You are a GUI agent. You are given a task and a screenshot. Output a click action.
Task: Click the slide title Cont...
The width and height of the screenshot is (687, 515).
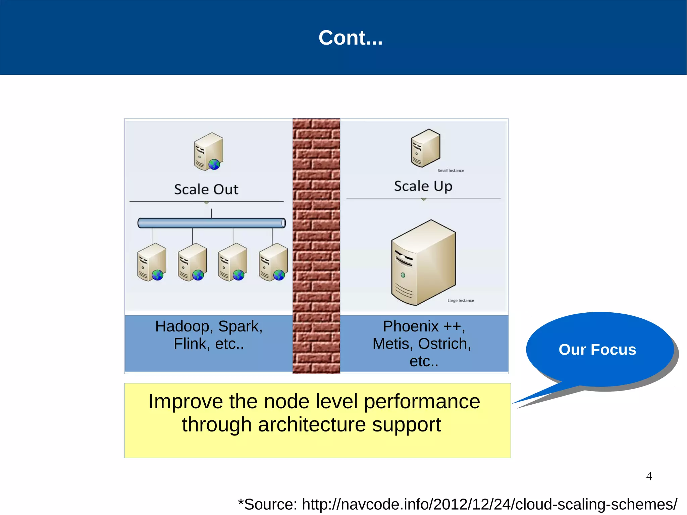click(350, 38)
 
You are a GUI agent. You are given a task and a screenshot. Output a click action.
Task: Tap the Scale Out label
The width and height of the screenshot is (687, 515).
click(206, 190)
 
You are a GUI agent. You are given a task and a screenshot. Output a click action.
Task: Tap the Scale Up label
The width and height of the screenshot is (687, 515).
click(423, 186)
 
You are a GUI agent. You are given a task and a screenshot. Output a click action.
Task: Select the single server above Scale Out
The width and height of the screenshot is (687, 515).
click(208, 151)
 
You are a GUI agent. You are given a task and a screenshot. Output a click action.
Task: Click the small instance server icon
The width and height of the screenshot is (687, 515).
click(425, 148)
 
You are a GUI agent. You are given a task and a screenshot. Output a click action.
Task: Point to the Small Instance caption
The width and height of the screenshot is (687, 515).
click(451, 170)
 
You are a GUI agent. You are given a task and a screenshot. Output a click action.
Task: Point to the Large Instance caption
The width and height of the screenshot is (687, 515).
click(461, 301)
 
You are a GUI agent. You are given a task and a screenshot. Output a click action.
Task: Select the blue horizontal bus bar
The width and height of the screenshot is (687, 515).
click(211, 223)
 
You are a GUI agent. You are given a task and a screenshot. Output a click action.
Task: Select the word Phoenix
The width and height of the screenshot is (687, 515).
click(411, 326)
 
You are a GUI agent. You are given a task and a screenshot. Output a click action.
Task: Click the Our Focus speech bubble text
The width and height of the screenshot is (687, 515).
click(597, 350)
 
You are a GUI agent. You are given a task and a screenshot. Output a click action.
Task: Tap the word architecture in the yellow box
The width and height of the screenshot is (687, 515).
click(312, 425)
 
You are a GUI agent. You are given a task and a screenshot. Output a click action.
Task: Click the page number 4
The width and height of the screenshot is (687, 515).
click(649, 476)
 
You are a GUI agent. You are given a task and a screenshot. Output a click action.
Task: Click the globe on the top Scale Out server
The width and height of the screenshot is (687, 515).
click(214, 164)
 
